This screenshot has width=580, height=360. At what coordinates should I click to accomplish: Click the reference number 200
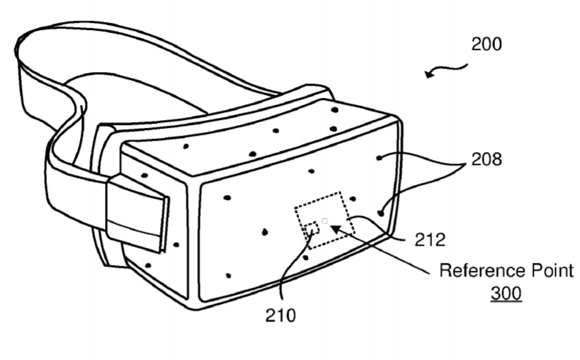point(486,44)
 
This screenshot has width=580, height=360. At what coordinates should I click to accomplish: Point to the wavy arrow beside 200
point(444,70)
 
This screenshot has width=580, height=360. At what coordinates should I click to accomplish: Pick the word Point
point(549,271)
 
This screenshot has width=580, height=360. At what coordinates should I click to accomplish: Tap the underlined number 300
point(506,294)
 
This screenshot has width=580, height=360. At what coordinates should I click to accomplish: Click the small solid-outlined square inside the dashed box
point(311,229)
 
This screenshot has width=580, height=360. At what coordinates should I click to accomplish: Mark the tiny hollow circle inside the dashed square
point(325,221)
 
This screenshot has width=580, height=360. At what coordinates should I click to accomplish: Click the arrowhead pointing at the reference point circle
point(336,228)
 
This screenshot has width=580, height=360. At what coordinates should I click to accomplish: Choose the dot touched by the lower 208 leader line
point(381,212)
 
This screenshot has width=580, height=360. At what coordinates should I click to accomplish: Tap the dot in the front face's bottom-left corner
point(228,275)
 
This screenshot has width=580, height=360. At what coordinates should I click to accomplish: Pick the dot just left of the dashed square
point(265,231)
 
